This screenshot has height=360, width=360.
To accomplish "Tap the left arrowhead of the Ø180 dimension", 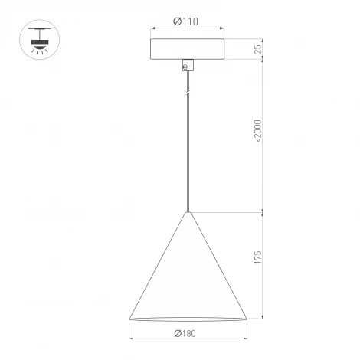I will coord(131,338).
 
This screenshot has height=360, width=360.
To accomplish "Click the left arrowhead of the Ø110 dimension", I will coord(152,29).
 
